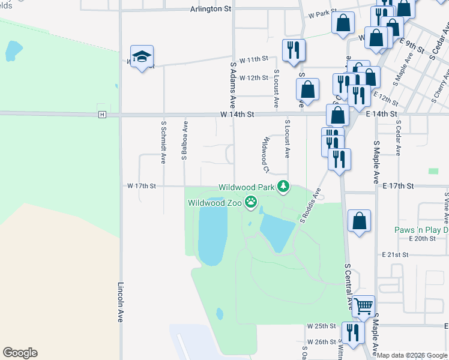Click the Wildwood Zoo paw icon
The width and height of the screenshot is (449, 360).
pyautogui.click(x=251, y=203)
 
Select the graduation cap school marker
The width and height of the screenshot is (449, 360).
pyautogui.click(x=142, y=56)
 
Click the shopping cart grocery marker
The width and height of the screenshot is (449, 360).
pyautogui.click(x=363, y=307)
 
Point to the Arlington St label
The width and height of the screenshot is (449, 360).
pyautogui.click(x=211, y=9)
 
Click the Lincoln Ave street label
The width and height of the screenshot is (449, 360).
pyautogui.click(x=121, y=303)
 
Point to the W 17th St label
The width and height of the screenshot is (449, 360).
pyautogui.click(x=141, y=186)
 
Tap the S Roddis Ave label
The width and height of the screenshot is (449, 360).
pyautogui.click(x=312, y=206)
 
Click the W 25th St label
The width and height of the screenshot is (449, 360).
pyautogui.click(x=321, y=326)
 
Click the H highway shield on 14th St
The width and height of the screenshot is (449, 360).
pyautogui.click(x=103, y=114)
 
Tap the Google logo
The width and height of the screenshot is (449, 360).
pyautogui.click(x=20, y=353)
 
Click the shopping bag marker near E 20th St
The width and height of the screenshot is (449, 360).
pyautogui.click(x=359, y=221)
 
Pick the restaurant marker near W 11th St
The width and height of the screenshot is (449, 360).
pyautogui.click(x=294, y=50)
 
